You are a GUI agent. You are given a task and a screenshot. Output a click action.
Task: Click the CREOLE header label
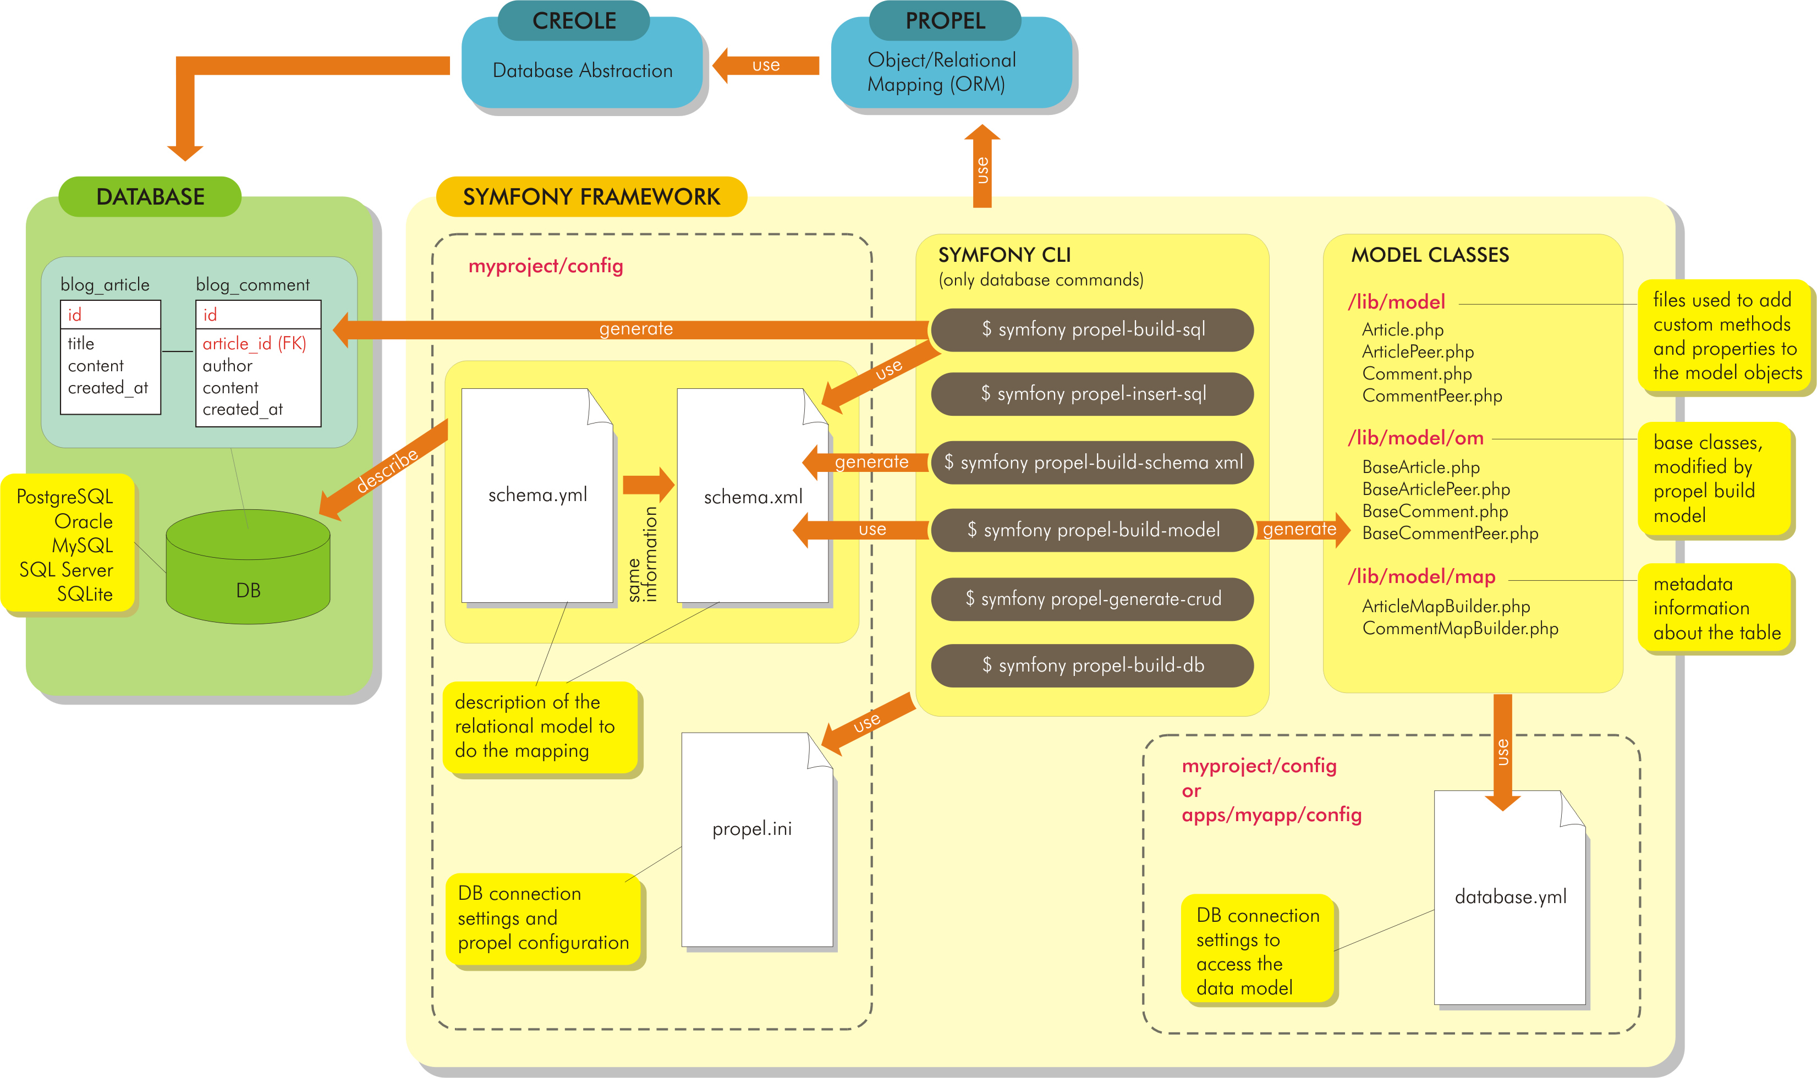coord(573,20)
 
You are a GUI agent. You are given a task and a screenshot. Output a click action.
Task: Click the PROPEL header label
coord(945,20)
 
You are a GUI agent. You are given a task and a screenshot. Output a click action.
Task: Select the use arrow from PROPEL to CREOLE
coord(766,65)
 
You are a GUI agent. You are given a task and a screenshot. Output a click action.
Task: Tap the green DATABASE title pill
coord(150,196)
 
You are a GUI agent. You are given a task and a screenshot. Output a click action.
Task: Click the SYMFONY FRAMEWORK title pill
coord(591,196)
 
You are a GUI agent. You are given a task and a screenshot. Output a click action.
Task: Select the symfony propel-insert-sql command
coord(1092,394)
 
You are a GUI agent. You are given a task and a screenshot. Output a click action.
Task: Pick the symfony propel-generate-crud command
coord(1092,598)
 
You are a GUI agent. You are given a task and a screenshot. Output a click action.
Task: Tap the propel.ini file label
coord(752,829)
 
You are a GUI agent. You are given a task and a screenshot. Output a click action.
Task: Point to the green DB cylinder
coord(248,574)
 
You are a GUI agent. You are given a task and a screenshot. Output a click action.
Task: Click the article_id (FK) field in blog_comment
coord(254,344)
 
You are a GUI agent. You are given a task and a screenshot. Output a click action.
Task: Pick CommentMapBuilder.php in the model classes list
coord(1459,628)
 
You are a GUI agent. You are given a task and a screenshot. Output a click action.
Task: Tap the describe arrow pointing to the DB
coord(385,472)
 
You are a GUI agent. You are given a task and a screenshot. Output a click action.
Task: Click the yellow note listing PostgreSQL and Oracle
coord(67,545)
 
